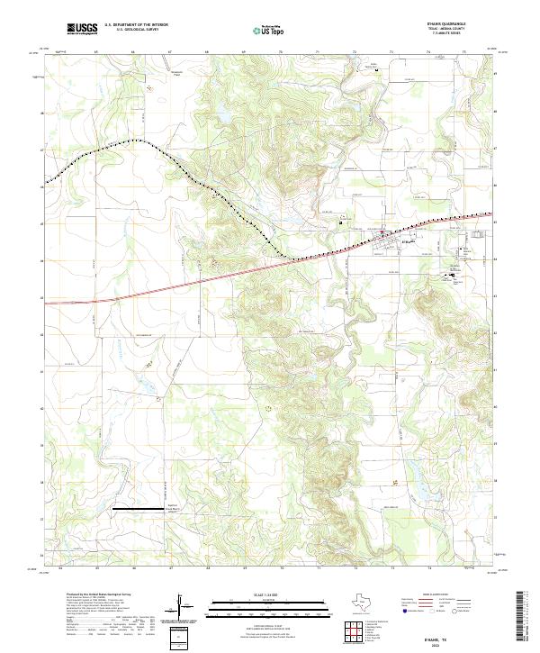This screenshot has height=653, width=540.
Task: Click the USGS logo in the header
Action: (x=83, y=29)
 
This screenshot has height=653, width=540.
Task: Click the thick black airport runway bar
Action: (x=139, y=509)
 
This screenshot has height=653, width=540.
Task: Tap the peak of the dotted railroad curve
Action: (x=136, y=141)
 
